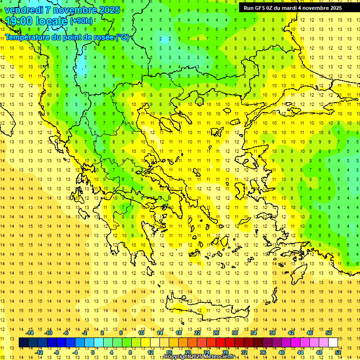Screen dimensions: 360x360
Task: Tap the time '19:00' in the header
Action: [20, 21]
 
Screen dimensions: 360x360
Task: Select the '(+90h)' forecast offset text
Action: [81, 21]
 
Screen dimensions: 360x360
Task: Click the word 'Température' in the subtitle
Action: [28, 37]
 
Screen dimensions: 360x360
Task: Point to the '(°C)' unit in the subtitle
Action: [122, 37]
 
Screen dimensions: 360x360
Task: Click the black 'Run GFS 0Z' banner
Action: [292, 8]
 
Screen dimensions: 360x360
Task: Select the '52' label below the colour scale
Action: [338, 352]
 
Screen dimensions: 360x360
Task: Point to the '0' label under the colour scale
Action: [93, 352]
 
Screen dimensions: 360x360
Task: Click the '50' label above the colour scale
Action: [329, 333]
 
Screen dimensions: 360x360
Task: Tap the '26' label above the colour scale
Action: [216, 333]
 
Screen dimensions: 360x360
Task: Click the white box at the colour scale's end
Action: [333, 343]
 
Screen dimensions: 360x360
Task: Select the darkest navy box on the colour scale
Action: [24, 343]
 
